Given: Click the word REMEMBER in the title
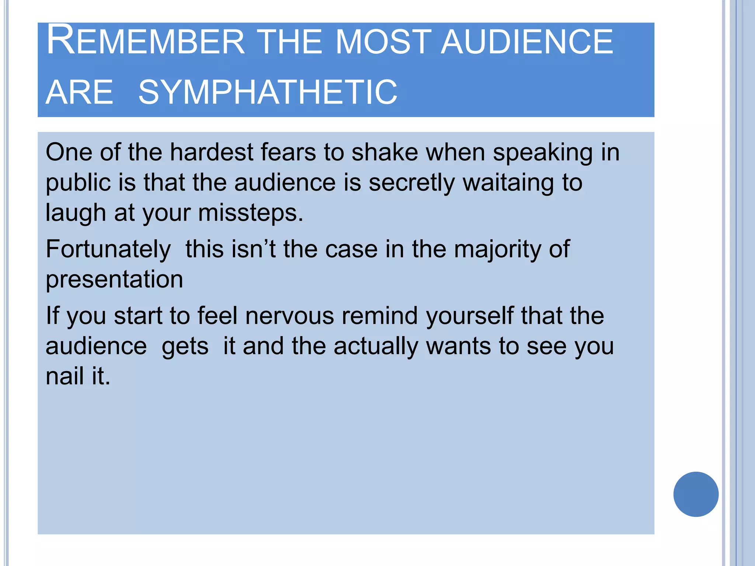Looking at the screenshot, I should pyautogui.click(x=146, y=41).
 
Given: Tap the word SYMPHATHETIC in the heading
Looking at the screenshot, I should pyautogui.click(x=268, y=92).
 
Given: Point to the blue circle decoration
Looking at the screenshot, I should pyautogui.click(x=696, y=494).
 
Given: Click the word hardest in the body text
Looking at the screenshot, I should pyautogui.click(x=211, y=152).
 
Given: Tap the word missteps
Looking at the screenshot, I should pyautogui.click(x=250, y=213).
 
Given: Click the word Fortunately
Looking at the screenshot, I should pyautogui.click(x=108, y=249).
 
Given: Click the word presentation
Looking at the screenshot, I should pyautogui.click(x=114, y=279).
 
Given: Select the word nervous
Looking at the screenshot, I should pyautogui.click(x=289, y=316).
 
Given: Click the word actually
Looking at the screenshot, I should pyautogui.click(x=376, y=346).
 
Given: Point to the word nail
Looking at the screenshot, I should pyautogui.click(x=64, y=376).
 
